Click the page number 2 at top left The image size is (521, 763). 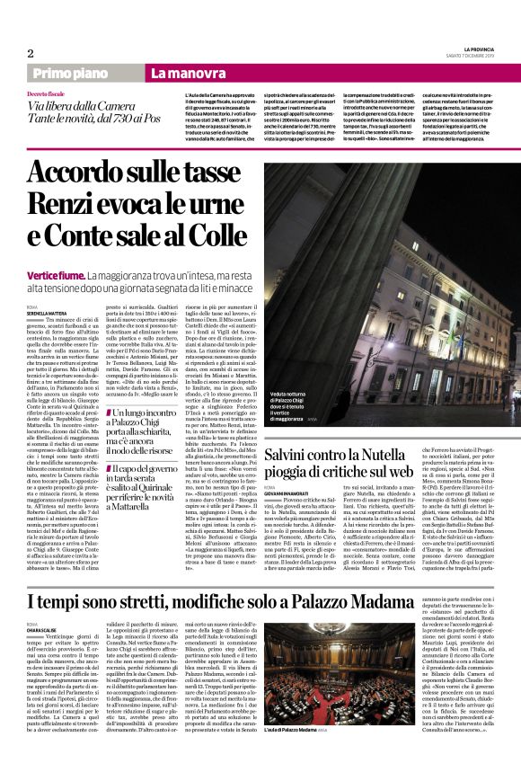point(31,53)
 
